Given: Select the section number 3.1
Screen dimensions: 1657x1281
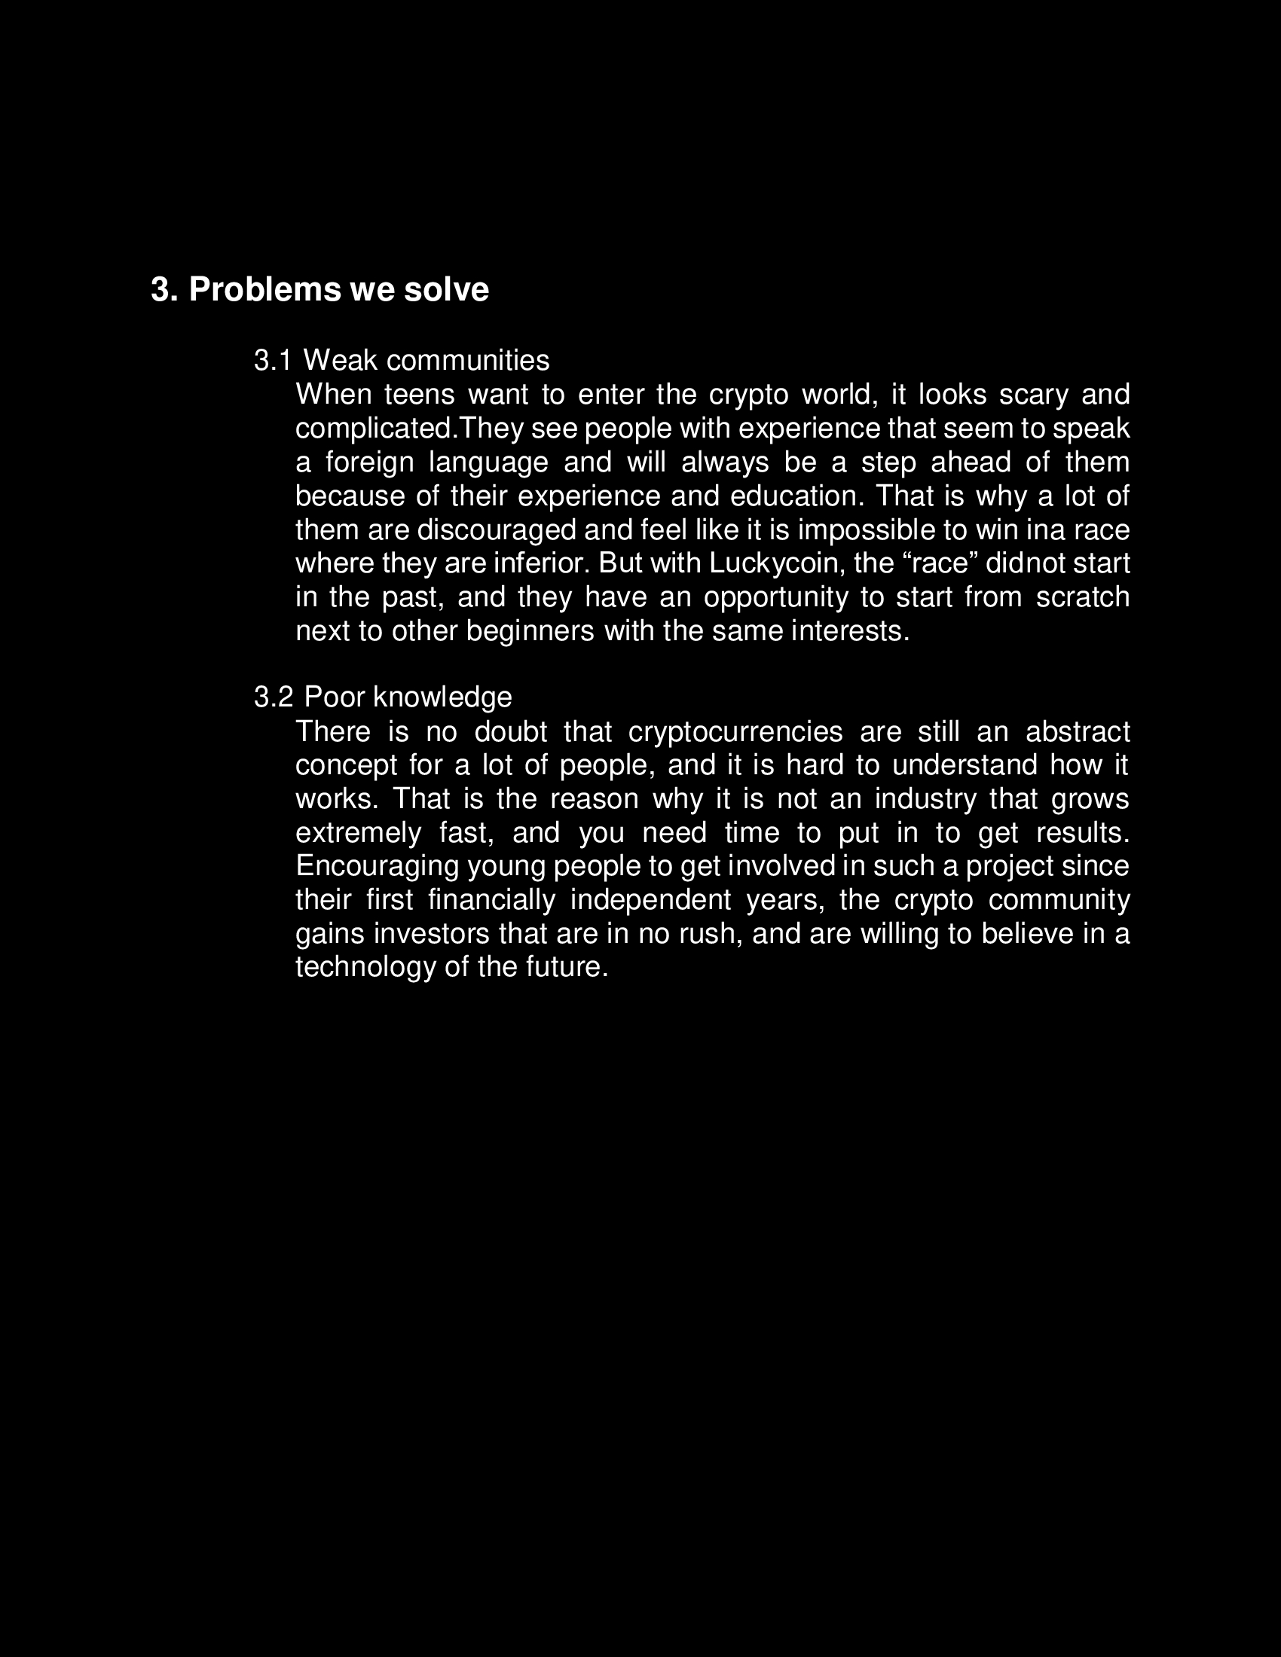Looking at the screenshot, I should tap(273, 360).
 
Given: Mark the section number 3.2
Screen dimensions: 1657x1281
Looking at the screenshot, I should tap(274, 697).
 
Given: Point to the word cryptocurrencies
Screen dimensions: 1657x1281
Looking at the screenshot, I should tap(735, 732).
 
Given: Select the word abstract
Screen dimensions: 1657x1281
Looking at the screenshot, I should tap(1077, 732).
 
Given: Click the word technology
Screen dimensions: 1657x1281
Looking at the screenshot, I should tap(365, 967).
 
